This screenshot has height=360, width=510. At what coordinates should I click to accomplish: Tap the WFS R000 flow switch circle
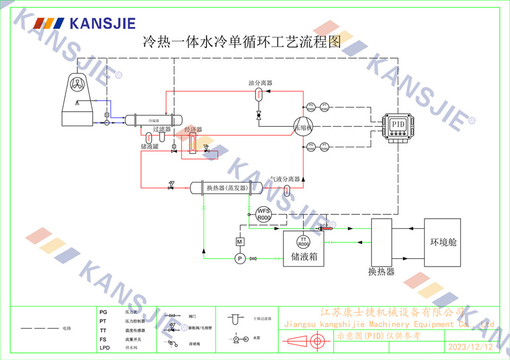tap(263, 214)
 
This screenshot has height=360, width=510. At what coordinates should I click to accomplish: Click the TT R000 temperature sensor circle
tap(304, 242)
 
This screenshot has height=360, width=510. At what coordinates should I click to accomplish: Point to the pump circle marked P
tap(240, 259)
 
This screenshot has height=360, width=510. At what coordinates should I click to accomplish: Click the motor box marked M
tap(240, 241)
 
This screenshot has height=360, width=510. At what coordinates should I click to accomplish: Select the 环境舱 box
tap(443, 243)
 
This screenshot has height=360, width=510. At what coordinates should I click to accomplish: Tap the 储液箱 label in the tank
tap(304, 256)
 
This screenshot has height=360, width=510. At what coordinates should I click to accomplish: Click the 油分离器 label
tap(260, 83)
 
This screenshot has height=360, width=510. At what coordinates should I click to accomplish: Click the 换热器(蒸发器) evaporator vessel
tap(226, 188)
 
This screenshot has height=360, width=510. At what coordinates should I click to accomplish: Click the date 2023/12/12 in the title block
tap(470, 347)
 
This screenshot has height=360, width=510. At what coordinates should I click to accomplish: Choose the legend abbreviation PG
tap(103, 311)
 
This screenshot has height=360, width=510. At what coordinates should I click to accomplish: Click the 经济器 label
tap(193, 130)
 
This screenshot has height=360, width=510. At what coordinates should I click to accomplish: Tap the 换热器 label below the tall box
tap(381, 272)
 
